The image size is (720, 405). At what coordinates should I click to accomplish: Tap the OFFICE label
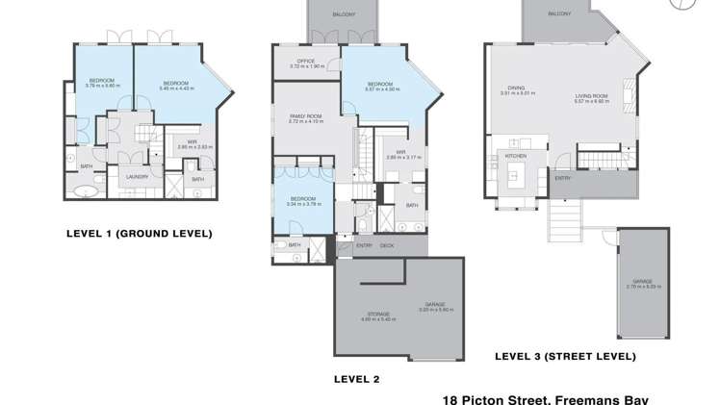[306, 63]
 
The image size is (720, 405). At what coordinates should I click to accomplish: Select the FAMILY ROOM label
[305, 117]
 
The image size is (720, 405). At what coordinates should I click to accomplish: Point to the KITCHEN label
[516, 155]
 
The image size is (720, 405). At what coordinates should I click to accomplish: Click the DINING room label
[518, 89]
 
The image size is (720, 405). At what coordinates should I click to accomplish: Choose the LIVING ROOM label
[592, 96]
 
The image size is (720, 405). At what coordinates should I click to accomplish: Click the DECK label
[387, 245]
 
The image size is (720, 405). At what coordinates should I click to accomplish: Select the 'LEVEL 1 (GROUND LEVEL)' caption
[139, 233]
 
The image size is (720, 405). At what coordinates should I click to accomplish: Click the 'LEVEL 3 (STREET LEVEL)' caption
[565, 356]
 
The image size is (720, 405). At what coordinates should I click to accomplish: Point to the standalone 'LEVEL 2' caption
[356, 379]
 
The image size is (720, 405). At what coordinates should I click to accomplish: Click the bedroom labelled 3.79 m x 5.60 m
[102, 82]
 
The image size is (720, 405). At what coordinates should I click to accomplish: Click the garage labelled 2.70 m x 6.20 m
[640, 284]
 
